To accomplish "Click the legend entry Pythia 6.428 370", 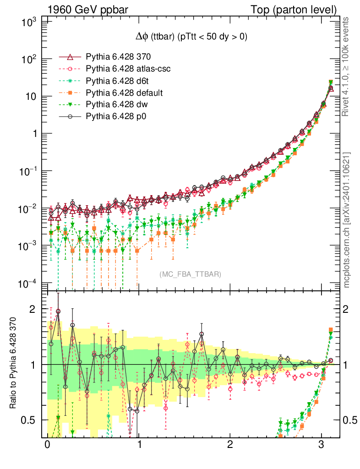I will pos(118,57).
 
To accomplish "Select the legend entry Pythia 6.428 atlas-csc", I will pos(125,69).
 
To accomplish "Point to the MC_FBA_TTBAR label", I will pos(191,274).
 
